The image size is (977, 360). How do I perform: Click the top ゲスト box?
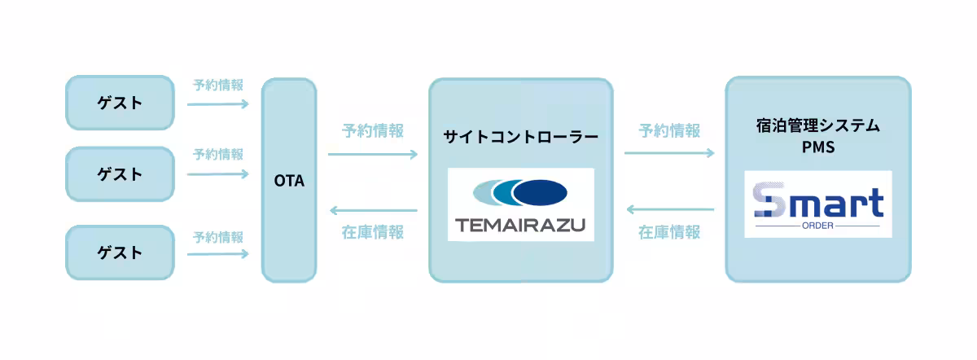coord(120,103)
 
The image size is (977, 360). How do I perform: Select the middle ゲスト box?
coord(120,174)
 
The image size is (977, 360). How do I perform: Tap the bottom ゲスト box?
coord(120,252)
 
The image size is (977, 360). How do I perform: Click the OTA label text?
coord(289,181)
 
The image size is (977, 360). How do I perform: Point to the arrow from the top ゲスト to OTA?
coord(218,104)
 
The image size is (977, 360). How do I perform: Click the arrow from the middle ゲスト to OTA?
coord(218,174)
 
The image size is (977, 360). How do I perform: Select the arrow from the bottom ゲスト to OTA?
coord(218,253)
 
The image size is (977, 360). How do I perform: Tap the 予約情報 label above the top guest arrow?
coord(218,85)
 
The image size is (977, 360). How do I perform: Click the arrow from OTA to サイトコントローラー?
coord(373,154)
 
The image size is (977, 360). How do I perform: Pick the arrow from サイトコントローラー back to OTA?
coord(374,210)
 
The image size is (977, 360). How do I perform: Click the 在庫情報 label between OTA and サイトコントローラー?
coord(373,232)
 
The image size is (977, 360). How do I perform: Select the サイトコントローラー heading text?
coord(521,137)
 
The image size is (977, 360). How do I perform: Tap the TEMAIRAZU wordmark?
coord(520,225)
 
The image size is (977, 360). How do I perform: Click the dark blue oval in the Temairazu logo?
coord(540,192)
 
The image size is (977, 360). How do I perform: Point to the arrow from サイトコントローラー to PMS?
coord(669,153)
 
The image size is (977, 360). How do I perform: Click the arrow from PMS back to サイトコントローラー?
coord(670,209)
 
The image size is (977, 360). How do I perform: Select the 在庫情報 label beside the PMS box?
coord(669,232)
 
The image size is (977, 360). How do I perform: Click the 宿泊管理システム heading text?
coord(817,125)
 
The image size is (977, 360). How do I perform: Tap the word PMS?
coord(818,147)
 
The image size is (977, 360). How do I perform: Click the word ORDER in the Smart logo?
coord(817,226)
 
